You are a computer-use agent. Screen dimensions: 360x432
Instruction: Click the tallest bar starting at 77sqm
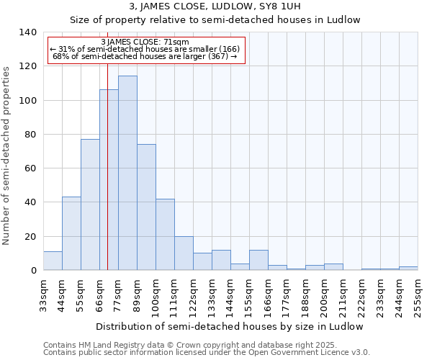pyautogui.click(x=127, y=173)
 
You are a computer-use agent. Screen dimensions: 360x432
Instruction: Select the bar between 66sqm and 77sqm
pyautogui.click(x=109, y=180)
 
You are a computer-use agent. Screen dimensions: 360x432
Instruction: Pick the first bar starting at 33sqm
pyautogui.click(x=53, y=261)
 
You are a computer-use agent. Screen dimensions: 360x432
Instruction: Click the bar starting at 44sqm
pyautogui.click(x=71, y=233)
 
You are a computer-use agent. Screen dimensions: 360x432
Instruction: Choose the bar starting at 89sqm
pyautogui.click(x=146, y=207)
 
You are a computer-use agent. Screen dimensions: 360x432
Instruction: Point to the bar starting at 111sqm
pyautogui.click(x=184, y=253)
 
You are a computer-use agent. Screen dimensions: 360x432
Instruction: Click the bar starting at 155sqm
pyautogui.click(x=258, y=260)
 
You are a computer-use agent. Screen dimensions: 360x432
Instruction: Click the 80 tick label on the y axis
pyautogui.click(x=30, y=135)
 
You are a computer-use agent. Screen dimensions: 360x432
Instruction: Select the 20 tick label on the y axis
pyautogui.click(x=30, y=237)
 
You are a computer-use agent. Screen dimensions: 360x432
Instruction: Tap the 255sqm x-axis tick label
pyautogui.click(x=418, y=295)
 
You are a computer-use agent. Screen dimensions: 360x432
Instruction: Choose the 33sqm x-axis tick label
pyautogui.click(x=43, y=295)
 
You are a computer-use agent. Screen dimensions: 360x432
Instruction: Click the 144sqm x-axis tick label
pyautogui.click(x=230, y=295)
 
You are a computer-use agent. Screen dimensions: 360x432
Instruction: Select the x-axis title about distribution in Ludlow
pyautogui.click(x=230, y=326)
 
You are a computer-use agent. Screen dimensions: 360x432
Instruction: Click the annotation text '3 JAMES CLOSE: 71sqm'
pyautogui.click(x=145, y=42)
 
